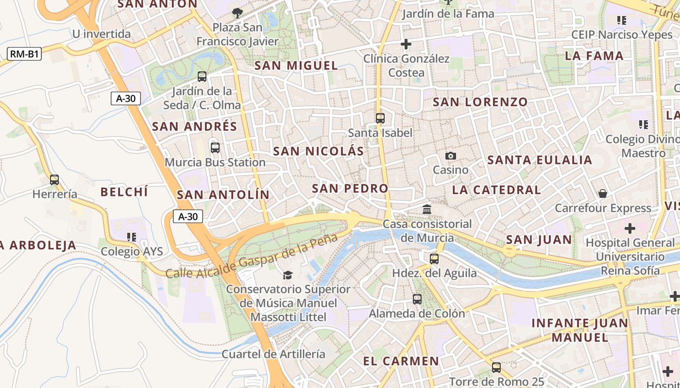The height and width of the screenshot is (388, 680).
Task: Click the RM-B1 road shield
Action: click(24, 54)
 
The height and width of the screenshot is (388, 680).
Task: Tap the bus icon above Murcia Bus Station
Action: click(215, 148)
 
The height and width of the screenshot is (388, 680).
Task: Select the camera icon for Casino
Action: click(451, 156)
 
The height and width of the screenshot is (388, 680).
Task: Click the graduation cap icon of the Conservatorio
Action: click(288, 275)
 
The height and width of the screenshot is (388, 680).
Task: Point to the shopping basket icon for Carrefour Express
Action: click(603, 194)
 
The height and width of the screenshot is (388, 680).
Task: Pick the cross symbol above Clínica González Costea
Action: click(406, 45)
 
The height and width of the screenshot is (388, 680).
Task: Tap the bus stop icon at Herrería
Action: click(54, 180)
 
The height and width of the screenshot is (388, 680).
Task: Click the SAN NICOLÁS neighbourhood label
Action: click(318, 151)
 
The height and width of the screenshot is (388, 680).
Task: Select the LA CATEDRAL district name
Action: click(496, 190)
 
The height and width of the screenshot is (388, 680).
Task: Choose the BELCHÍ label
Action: click(124, 192)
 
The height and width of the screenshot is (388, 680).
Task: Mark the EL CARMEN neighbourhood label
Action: click(401, 361)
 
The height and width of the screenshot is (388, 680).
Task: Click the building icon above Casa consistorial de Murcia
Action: click(427, 209)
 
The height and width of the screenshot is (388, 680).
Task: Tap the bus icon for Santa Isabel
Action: click(380, 118)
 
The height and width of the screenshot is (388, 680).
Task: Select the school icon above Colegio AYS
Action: click(131, 237)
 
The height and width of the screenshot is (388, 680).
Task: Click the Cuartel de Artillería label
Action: click(273, 354)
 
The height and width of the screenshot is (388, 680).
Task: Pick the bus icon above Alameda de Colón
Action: click(417, 299)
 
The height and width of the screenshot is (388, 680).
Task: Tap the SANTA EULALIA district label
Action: click(540, 160)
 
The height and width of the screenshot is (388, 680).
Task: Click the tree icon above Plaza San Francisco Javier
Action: click(237, 13)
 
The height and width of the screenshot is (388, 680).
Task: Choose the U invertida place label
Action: click(102, 34)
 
